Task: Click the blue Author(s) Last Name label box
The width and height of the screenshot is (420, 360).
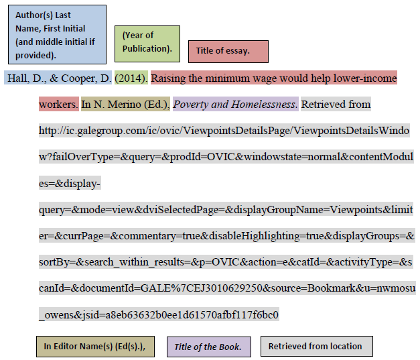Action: pyautogui.click(x=55, y=35)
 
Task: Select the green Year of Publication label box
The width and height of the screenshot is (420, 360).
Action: pyautogui.click(x=147, y=42)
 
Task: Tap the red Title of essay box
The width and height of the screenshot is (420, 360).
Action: pyautogui.click(x=228, y=51)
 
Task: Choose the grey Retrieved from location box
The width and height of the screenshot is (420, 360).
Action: pyautogui.click(x=316, y=346)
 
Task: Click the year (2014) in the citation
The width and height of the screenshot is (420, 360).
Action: pyautogui.click(x=131, y=78)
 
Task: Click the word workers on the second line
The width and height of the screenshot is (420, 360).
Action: pyautogui.click(x=58, y=105)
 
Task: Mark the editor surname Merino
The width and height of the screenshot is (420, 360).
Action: pyautogui.click(x=122, y=105)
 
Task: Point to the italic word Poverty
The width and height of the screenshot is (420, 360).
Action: pyautogui.click(x=191, y=105)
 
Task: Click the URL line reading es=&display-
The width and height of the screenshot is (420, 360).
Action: pyautogui.click(x=70, y=183)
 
